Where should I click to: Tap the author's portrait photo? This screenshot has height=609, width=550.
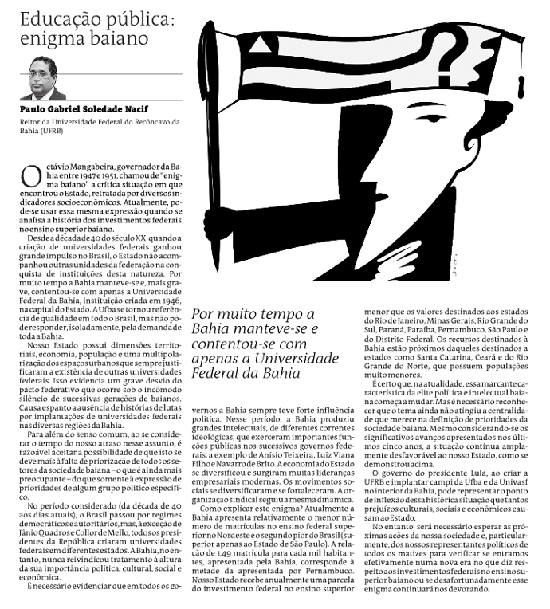coord(47,78)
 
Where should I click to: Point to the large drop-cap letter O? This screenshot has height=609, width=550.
coord(29,177)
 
